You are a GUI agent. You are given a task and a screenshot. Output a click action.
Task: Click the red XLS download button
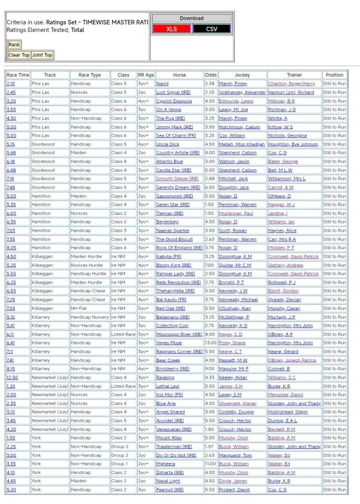[x=172, y=29]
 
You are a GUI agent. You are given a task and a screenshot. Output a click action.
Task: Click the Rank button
[x=14, y=45]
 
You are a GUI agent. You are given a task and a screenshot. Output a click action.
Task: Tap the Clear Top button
[x=19, y=55]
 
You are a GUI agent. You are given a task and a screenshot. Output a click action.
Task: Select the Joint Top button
[x=42, y=55]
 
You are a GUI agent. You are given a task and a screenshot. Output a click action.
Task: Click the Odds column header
[x=210, y=75]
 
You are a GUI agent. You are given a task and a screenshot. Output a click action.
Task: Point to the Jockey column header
[x=242, y=75]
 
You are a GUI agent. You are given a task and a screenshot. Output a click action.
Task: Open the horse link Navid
[x=162, y=84]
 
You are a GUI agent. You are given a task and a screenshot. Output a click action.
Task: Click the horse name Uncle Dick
[x=168, y=144]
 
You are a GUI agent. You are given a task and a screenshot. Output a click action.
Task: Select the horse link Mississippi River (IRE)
[x=179, y=334]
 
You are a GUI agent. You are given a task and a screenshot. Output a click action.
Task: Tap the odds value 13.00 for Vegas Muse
[x=210, y=343]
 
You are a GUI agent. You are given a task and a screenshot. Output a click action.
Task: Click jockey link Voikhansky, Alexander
[x=242, y=93]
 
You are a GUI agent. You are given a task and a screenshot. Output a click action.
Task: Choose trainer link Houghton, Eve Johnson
[x=293, y=144]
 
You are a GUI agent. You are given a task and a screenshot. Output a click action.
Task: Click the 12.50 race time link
[x=12, y=378]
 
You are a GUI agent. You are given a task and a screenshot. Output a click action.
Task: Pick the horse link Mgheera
[x=165, y=464]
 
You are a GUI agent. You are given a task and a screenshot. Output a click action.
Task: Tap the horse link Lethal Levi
[x=168, y=386]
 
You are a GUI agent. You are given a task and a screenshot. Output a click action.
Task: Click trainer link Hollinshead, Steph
[x=288, y=412]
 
